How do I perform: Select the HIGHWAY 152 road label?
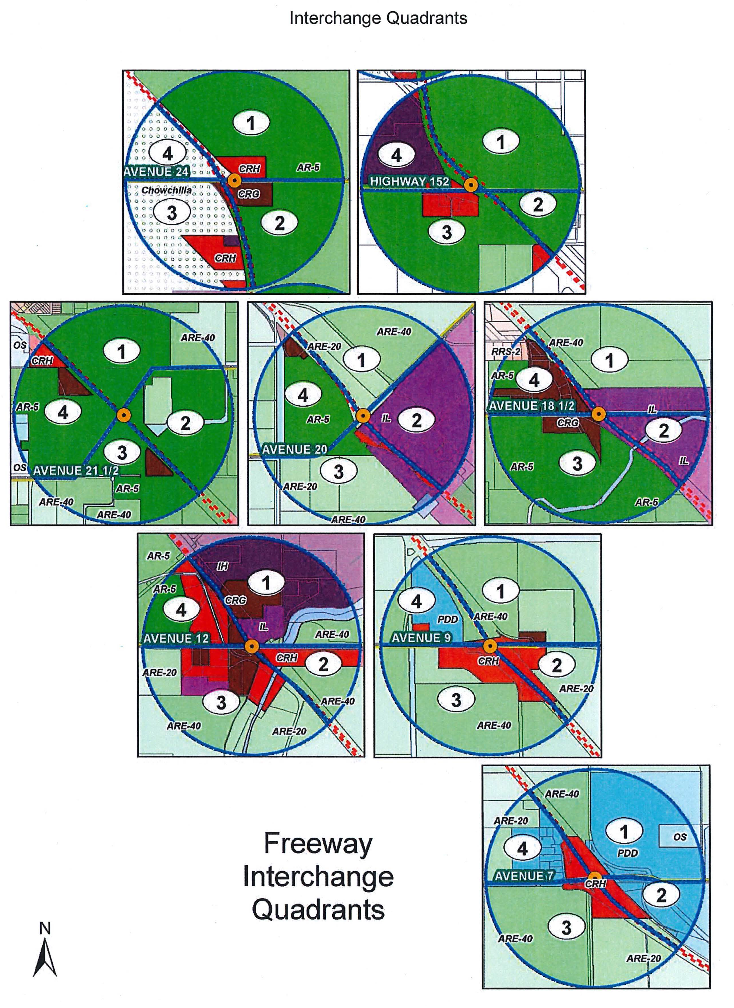[409, 182]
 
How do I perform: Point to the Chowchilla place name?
[167, 190]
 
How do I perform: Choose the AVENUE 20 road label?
[295, 449]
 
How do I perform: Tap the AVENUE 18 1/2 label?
[532, 406]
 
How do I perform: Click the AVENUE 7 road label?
[524, 876]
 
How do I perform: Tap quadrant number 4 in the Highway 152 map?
[396, 155]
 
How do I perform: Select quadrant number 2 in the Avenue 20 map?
[416, 420]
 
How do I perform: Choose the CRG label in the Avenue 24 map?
[249, 194]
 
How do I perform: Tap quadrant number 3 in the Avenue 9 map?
[456, 700]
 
